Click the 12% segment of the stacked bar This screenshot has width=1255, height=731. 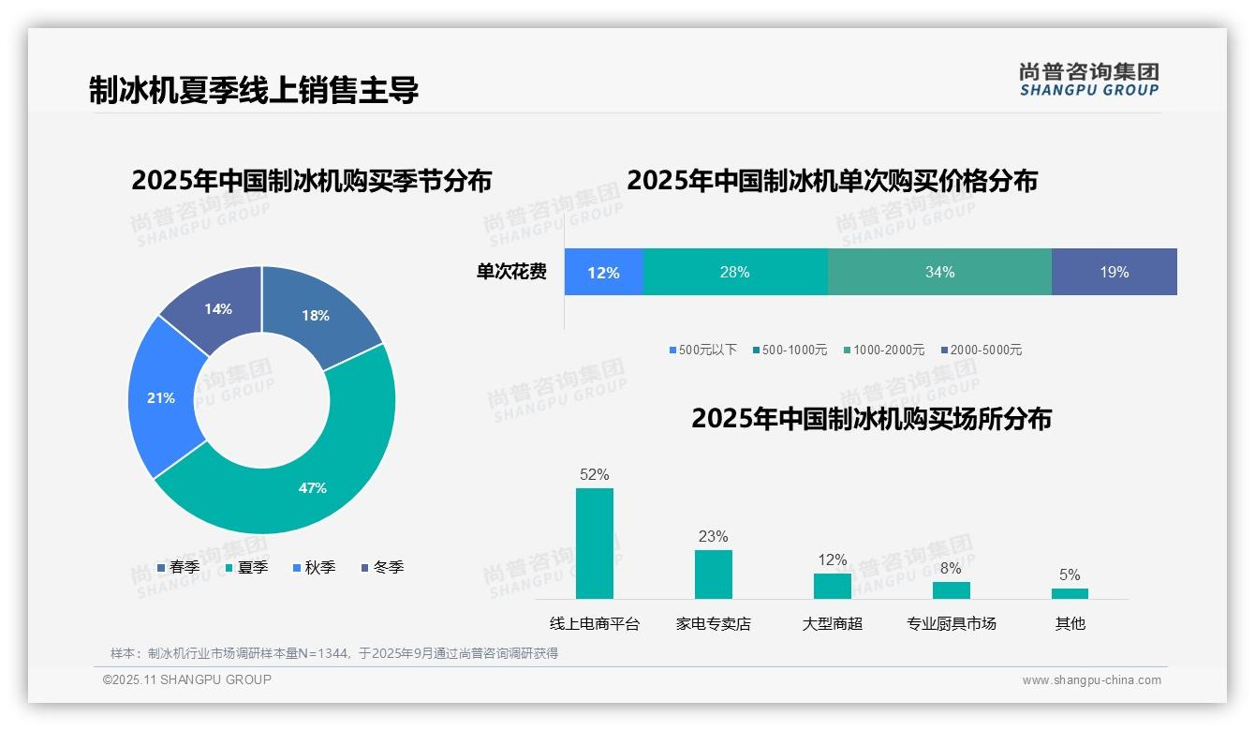point(604,272)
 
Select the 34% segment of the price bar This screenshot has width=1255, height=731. point(939,272)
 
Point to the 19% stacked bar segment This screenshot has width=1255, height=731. point(1114,272)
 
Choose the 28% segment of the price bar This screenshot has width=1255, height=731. point(735,272)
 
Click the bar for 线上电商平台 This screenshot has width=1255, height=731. point(595,544)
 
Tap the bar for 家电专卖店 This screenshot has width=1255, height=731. point(714,574)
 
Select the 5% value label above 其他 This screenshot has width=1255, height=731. point(1070,574)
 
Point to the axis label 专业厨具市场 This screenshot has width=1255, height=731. point(952,623)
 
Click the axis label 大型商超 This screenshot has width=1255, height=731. point(833,623)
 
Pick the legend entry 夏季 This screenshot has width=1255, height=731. point(247,567)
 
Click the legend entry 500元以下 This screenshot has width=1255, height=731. point(702,350)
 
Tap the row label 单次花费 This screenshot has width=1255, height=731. point(511,272)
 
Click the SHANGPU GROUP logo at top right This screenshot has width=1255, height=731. point(1089,79)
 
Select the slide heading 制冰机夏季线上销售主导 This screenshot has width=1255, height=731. point(254,90)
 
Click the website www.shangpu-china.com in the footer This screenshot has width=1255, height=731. point(1091,680)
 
